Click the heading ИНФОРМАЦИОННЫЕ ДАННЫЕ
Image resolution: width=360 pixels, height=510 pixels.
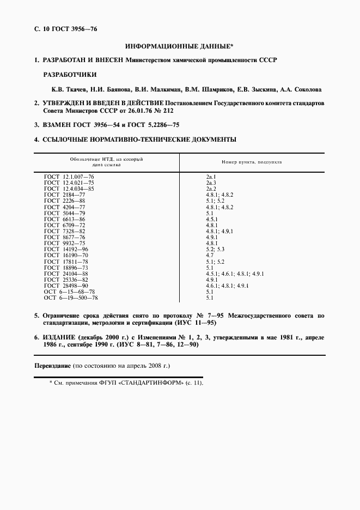click(179, 47)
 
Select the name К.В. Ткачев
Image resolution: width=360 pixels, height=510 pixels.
click(61, 89)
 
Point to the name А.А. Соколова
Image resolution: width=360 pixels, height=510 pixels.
click(303, 89)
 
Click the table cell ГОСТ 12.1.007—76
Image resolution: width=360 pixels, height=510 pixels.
click(69, 177)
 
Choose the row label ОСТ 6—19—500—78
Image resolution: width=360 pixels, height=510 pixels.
click(71, 298)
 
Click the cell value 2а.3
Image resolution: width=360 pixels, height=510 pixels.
click(211, 183)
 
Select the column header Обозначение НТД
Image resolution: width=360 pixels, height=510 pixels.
click(106, 159)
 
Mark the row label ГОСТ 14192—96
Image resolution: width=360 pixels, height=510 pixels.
click(66, 248)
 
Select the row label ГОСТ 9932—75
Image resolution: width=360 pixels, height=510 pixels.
click(64, 243)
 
